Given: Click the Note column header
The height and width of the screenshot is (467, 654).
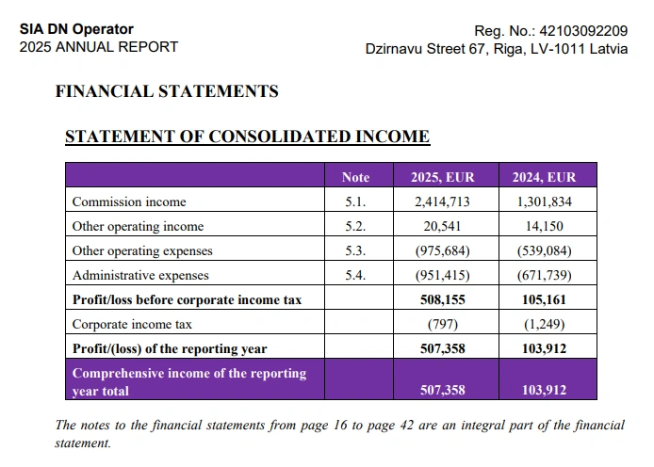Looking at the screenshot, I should click(x=355, y=177).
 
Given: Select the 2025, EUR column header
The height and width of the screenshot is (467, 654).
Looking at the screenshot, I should click(x=442, y=177).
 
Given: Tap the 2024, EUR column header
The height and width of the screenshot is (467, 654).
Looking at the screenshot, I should click(x=543, y=177).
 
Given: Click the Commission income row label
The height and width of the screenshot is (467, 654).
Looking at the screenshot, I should click(x=129, y=201).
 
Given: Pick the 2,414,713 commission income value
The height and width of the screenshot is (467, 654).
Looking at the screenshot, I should click(x=442, y=201).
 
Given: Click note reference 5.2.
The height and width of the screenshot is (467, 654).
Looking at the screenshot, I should click(x=355, y=226).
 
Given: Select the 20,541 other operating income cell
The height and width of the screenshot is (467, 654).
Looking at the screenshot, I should click(x=442, y=226).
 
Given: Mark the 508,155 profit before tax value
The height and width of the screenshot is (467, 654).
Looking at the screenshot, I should click(x=442, y=299).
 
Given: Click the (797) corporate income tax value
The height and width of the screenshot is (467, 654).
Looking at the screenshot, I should click(x=442, y=324).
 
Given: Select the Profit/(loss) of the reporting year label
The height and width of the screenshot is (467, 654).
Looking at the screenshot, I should click(x=170, y=348).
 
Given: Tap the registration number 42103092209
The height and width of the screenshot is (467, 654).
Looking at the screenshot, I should click(x=582, y=30).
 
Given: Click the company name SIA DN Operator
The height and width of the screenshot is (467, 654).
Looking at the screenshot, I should click(x=76, y=29).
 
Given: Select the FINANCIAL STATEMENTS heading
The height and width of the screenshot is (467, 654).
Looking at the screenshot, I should click(x=167, y=91).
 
